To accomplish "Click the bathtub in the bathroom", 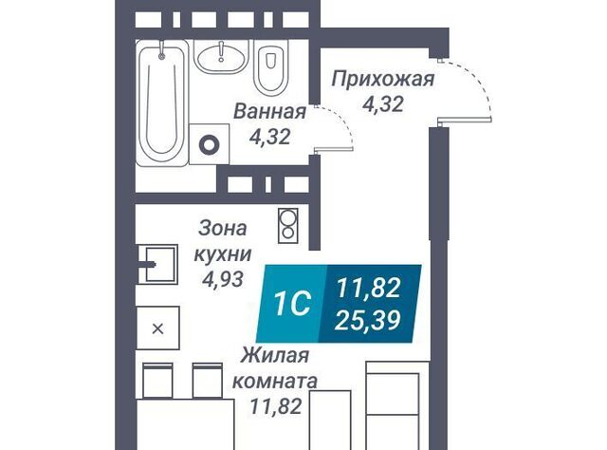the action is [x=162, y=103].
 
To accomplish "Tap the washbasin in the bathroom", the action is [x=221, y=57].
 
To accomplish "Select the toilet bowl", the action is [x=272, y=70].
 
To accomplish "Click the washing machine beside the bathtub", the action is [x=209, y=144].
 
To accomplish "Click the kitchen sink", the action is [x=158, y=264].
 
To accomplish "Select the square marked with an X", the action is [x=158, y=328].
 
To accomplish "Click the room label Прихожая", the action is [x=383, y=79].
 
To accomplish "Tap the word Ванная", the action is [x=269, y=112].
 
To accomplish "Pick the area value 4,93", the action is [x=223, y=278].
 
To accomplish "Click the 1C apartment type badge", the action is [x=292, y=304].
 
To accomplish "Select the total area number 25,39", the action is [x=367, y=320].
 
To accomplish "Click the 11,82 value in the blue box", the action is [x=368, y=289].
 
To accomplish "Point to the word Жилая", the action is [x=275, y=355].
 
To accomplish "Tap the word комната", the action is [x=274, y=382].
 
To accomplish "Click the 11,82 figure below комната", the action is [x=276, y=406].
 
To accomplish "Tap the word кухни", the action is [x=223, y=254].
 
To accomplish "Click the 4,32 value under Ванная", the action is [x=269, y=137].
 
